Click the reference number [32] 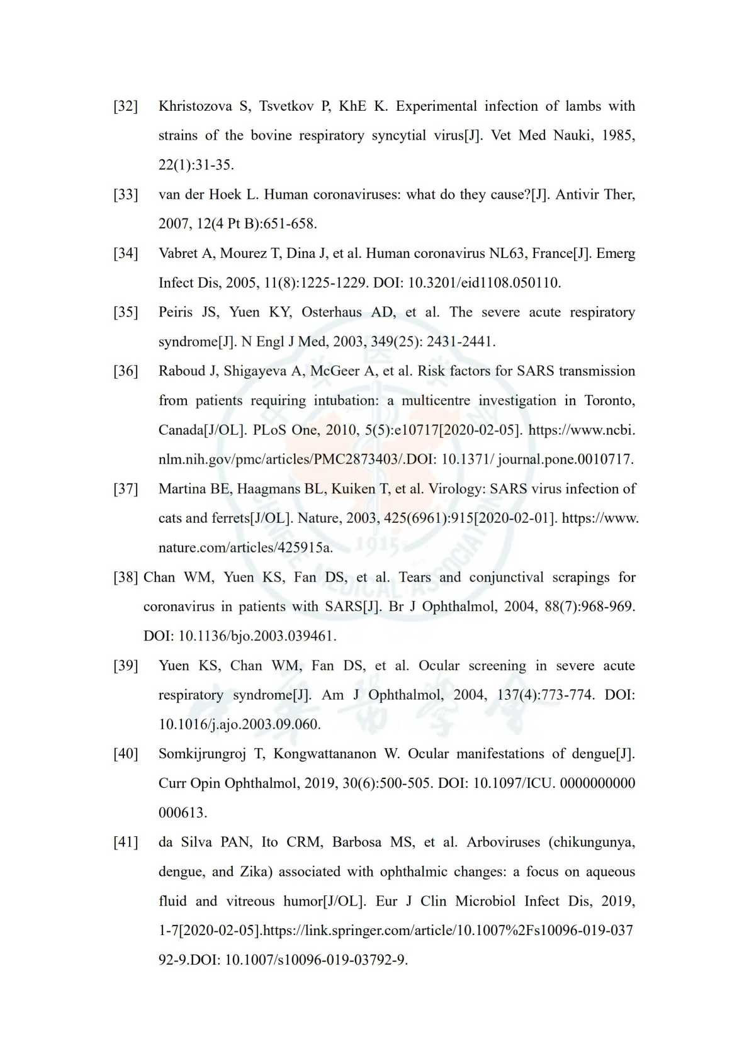coord(125,106)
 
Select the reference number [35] coord(125,312)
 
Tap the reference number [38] coord(125,577)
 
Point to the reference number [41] coord(125,842)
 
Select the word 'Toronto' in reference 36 coord(609,400)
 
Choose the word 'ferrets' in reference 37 coord(230,518)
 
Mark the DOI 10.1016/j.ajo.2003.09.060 coord(239,724)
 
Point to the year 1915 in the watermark coord(375,545)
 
